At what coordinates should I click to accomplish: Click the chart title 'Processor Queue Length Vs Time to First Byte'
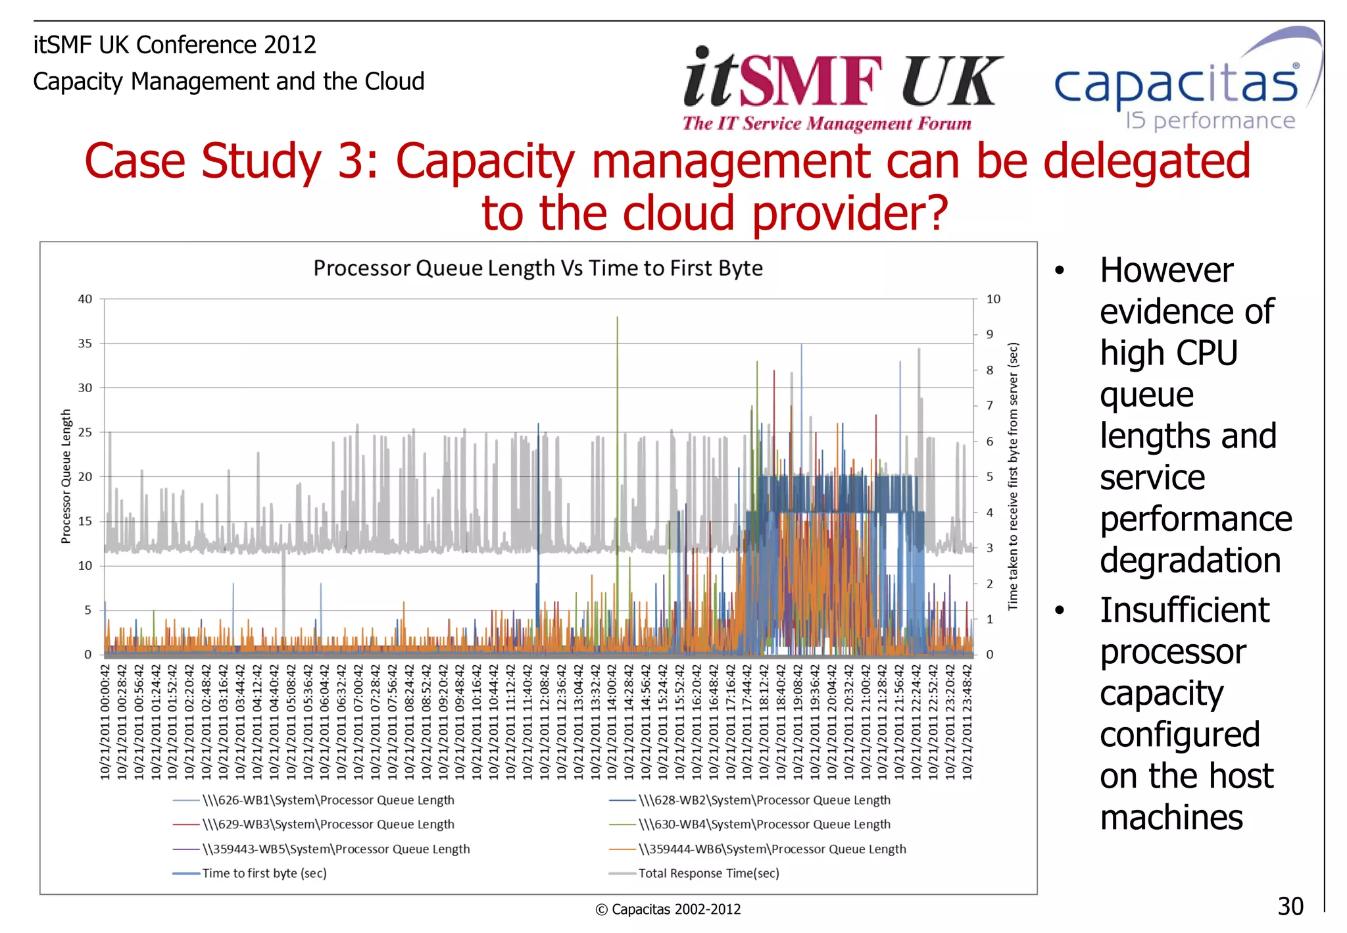click(x=537, y=268)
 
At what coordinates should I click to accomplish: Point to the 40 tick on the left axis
click(x=85, y=299)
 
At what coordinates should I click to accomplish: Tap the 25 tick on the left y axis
click(x=85, y=432)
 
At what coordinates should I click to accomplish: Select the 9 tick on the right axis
click(x=989, y=335)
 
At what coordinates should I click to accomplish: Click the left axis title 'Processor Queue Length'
click(x=66, y=476)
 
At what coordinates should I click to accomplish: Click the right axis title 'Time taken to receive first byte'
click(x=1013, y=476)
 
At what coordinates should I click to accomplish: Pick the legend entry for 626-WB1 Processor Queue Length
click(x=328, y=801)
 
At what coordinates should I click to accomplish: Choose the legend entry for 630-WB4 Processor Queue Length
click(x=764, y=824)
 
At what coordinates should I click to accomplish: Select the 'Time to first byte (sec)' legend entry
click(x=264, y=874)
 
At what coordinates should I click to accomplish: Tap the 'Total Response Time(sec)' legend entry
click(x=708, y=874)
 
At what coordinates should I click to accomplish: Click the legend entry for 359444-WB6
click(x=771, y=849)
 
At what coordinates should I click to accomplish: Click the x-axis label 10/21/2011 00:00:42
click(x=105, y=722)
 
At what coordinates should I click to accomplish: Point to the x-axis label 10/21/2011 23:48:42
click(x=967, y=722)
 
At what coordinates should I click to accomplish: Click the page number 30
click(x=1290, y=906)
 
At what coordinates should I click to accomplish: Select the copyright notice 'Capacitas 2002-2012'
click(x=668, y=909)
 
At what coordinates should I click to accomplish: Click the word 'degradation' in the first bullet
click(x=1190, y=561)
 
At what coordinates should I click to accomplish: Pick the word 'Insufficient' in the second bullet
click(x=1184, y=610)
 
